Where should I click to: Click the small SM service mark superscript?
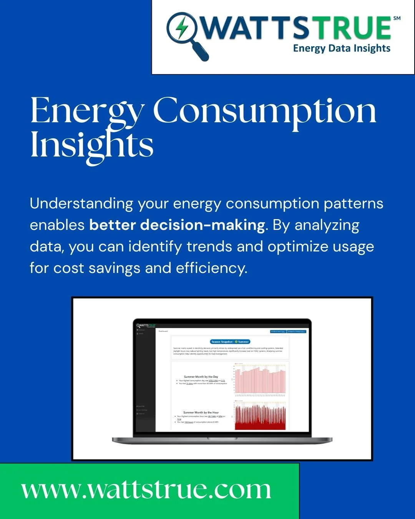point(397,18)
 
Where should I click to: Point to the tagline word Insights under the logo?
point(371,48)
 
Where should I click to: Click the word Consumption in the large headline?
point(265,111)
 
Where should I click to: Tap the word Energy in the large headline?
point(86,111)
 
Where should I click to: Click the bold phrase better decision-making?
point(177,225)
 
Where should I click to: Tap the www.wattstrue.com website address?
point(146,490)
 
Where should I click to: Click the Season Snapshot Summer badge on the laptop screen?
point(230,341)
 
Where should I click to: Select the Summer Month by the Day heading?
point(201,377)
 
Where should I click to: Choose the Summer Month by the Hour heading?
point(201,413)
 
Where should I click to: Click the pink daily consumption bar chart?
point(260,380)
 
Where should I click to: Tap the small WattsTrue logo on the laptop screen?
point(146,325)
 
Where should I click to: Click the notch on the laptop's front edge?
point(222,439)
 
